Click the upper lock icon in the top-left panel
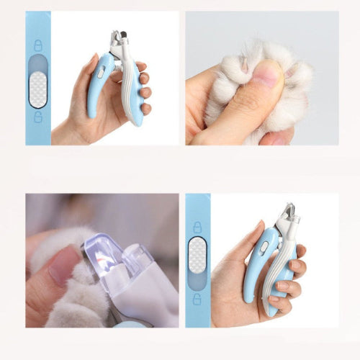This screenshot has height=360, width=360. (38, 46)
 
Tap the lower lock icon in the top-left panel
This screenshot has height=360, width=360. (38, 117)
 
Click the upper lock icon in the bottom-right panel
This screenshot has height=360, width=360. (197, 228)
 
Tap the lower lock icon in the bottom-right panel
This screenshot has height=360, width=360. (197, 297)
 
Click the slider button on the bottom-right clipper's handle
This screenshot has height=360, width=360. (264, 246)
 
